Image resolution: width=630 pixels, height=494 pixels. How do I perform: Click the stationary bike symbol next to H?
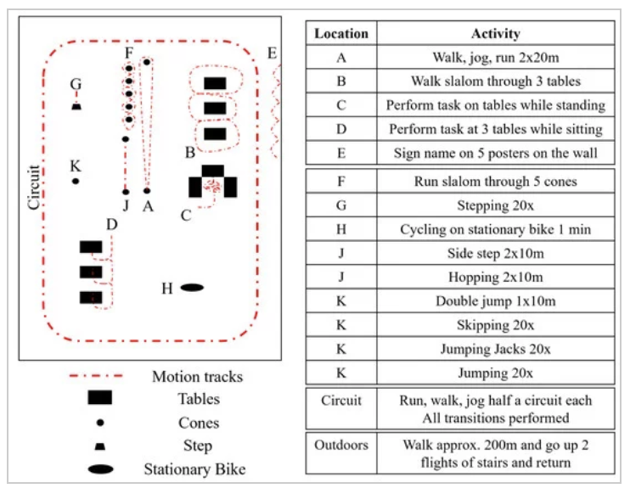click(192, 288)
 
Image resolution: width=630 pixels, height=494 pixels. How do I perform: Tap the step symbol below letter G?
click(76, 106)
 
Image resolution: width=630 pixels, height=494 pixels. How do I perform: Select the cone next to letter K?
click(76, 181)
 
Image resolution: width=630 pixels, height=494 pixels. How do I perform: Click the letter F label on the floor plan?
click(127, 53)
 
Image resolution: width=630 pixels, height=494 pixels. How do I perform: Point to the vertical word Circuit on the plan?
click(34, 187)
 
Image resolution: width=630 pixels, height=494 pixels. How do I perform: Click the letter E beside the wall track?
click(272, 53)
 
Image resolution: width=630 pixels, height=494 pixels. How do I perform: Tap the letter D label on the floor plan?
click(111, 224)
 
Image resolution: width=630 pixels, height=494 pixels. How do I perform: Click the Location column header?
click(341, 34)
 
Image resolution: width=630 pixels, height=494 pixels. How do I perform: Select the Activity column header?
click(495, 34)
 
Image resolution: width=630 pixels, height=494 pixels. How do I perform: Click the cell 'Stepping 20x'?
click(495, 205)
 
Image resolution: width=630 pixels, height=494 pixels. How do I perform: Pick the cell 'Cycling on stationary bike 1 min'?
click(495, 229)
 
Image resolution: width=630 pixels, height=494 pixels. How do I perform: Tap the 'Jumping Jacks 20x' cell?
click(495, 349)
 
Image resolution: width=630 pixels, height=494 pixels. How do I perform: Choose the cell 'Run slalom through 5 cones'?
click(495, 182)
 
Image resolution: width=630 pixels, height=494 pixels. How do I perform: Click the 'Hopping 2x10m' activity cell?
click(495, 278)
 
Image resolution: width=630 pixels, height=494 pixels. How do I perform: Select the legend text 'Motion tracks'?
click(197, 376)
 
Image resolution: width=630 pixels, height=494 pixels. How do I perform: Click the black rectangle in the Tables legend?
click(100, 398)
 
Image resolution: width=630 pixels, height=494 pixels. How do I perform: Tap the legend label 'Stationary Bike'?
click(194, 469)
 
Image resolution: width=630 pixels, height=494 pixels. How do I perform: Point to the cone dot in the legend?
click(100, 423)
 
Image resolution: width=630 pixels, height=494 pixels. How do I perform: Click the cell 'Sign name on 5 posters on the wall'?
click(495, 154)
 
